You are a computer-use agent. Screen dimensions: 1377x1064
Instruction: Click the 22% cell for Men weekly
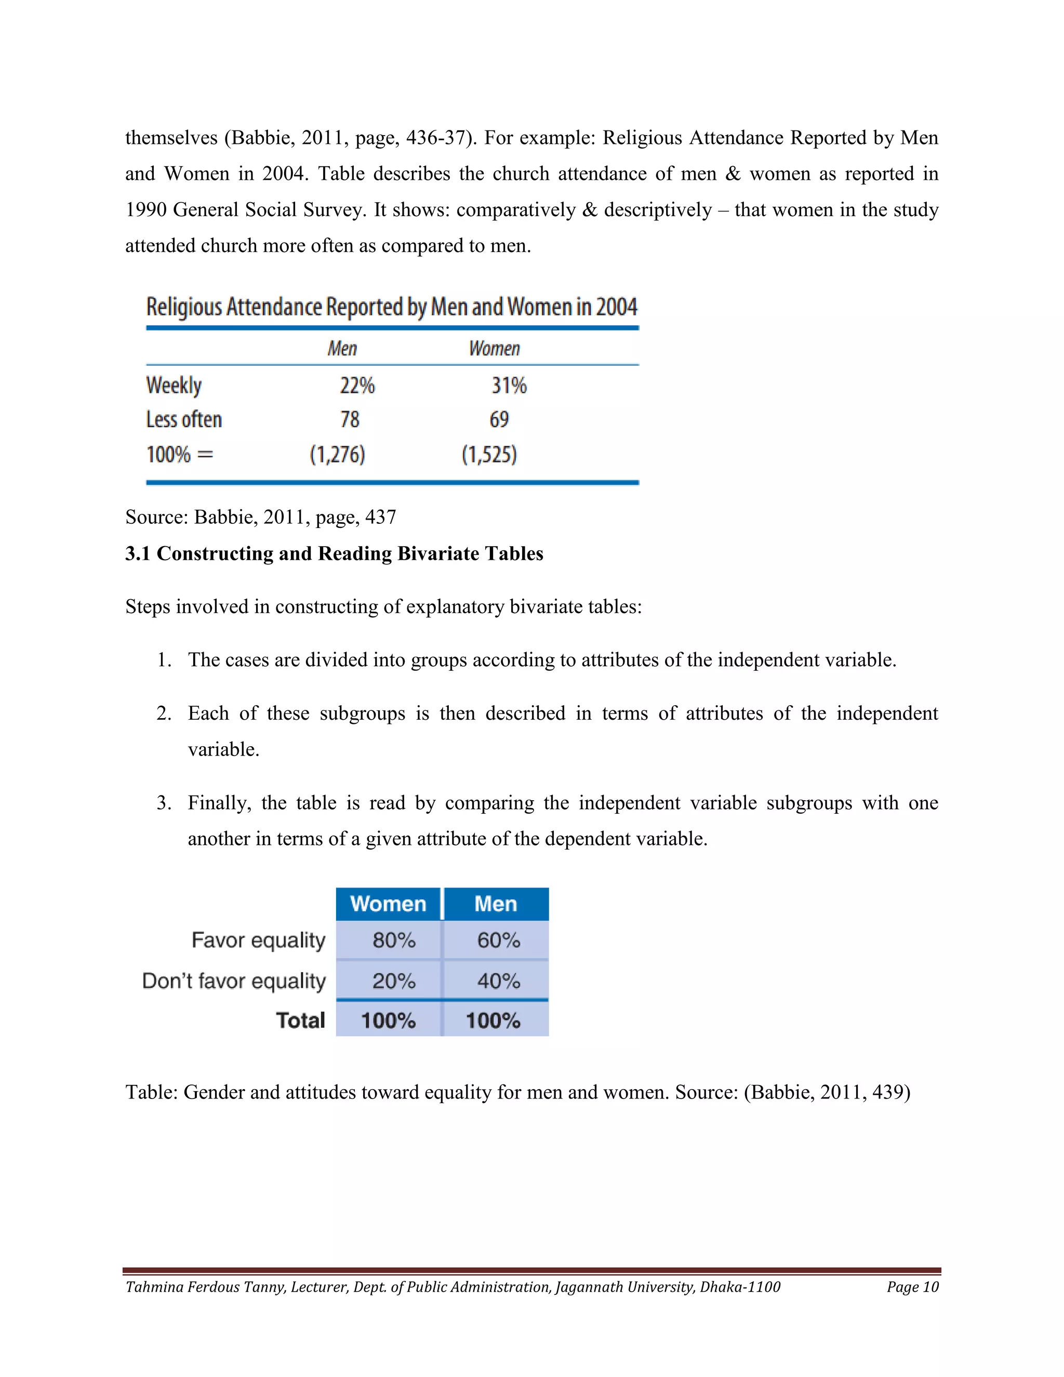coord(357,385)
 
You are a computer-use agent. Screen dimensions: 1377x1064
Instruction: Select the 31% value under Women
coord(509,385)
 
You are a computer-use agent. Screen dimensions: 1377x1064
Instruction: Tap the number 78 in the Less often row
coord(350,419)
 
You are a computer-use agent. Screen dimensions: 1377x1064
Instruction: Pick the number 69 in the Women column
coord(499,419)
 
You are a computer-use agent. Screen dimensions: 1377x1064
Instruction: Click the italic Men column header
coord(342,349)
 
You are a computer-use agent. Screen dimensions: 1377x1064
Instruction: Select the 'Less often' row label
coord(184,419)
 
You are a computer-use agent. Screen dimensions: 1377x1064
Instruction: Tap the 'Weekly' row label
coord(174,385)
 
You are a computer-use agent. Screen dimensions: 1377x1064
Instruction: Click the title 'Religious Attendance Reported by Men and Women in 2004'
coord(391,307)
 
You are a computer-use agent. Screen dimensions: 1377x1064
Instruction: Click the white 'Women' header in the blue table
coord(388,904)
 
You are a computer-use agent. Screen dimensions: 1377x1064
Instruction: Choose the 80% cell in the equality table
coord(393,940)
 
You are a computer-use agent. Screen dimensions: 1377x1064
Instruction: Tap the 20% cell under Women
coord(393,981)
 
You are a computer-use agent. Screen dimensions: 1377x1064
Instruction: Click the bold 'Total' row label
coord(301,1020)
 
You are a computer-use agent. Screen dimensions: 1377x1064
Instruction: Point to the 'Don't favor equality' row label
coord(234,981)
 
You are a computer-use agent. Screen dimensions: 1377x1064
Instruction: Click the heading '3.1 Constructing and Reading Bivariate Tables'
coord(334,553)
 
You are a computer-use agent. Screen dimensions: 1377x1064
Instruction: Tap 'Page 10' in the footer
coord(912,1287)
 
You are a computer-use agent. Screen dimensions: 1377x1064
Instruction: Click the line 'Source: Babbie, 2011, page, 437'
coord(260,517)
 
